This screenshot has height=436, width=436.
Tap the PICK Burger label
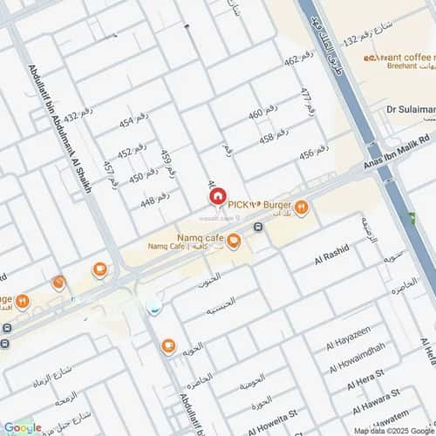click(259, 204)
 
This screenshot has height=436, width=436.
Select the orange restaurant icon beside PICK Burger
click(302, 208)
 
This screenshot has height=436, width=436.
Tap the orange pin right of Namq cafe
click(234, 241)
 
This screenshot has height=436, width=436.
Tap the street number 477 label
click(306, 103)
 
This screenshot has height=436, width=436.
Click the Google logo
click(24, 427)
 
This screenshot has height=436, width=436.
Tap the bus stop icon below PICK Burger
click(259, 228)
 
